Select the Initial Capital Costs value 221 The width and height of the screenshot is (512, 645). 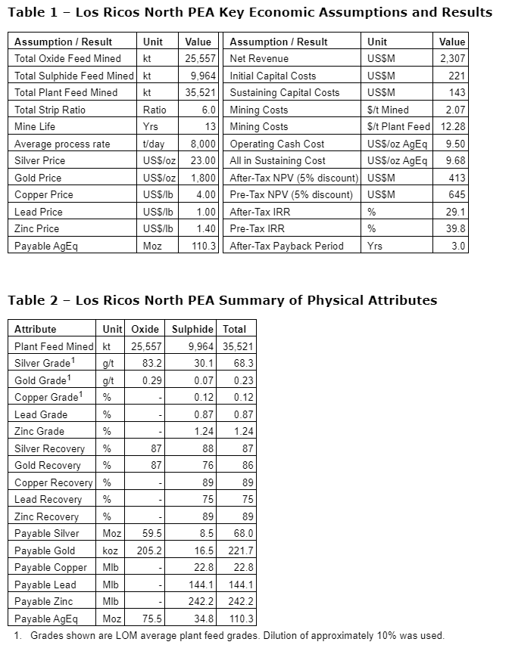click(x=457, y=76)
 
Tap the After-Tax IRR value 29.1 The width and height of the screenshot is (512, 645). click(x=456, y=212)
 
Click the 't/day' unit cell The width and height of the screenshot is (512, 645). click(x=155, y=144)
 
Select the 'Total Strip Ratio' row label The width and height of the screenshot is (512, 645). click(x=50, y=110)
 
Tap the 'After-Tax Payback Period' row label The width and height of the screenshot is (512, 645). click(x=286, y=246)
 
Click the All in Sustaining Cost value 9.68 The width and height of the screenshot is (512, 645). click(x=455, y=161)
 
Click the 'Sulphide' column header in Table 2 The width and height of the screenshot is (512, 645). click(x=192, y=329)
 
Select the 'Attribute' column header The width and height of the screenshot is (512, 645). click(x=35, y=329)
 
